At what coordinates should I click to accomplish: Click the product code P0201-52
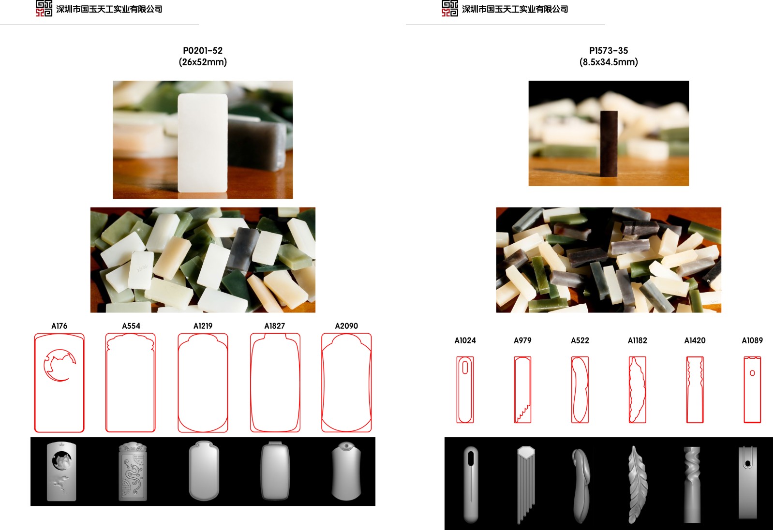(203, 50)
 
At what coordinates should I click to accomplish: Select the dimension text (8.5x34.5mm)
(609, 62)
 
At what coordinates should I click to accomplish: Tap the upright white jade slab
(203, 143)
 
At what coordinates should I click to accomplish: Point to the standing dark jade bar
(609, 143)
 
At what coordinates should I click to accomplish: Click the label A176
(59, 326)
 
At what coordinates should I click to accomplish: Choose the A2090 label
(346, 326)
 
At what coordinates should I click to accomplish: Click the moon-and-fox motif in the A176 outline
(60, 365)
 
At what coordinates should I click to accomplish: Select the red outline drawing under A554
(130, 383)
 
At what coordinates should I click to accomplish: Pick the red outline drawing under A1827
(275, 383)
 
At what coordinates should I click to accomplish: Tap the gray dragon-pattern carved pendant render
(133, 471)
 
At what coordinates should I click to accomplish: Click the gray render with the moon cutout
(61, 471)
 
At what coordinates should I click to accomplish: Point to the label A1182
(637, 340)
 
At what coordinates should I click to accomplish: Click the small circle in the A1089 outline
(752, 373)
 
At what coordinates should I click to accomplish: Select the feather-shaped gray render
(638, 485)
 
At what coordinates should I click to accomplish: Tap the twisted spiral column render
(692, 485)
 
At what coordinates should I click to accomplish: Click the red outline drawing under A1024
(465, 390)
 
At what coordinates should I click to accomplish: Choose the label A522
(580, 340)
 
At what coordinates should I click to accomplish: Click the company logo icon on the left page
(44, 8)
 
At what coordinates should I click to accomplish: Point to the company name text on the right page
(515, 9)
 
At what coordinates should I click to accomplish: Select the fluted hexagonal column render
(526, 485)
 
